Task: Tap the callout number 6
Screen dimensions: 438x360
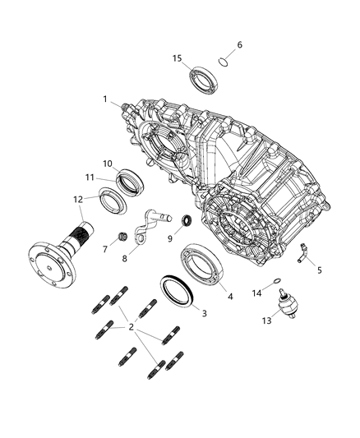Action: (240, 44)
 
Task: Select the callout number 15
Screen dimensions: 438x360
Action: (177, 58)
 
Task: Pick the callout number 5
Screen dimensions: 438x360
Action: (320, 270)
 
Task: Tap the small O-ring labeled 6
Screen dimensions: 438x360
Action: (223, 61)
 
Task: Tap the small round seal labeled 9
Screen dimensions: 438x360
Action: (187, 219)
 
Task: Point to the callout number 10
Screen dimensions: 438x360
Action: (108, 163)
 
